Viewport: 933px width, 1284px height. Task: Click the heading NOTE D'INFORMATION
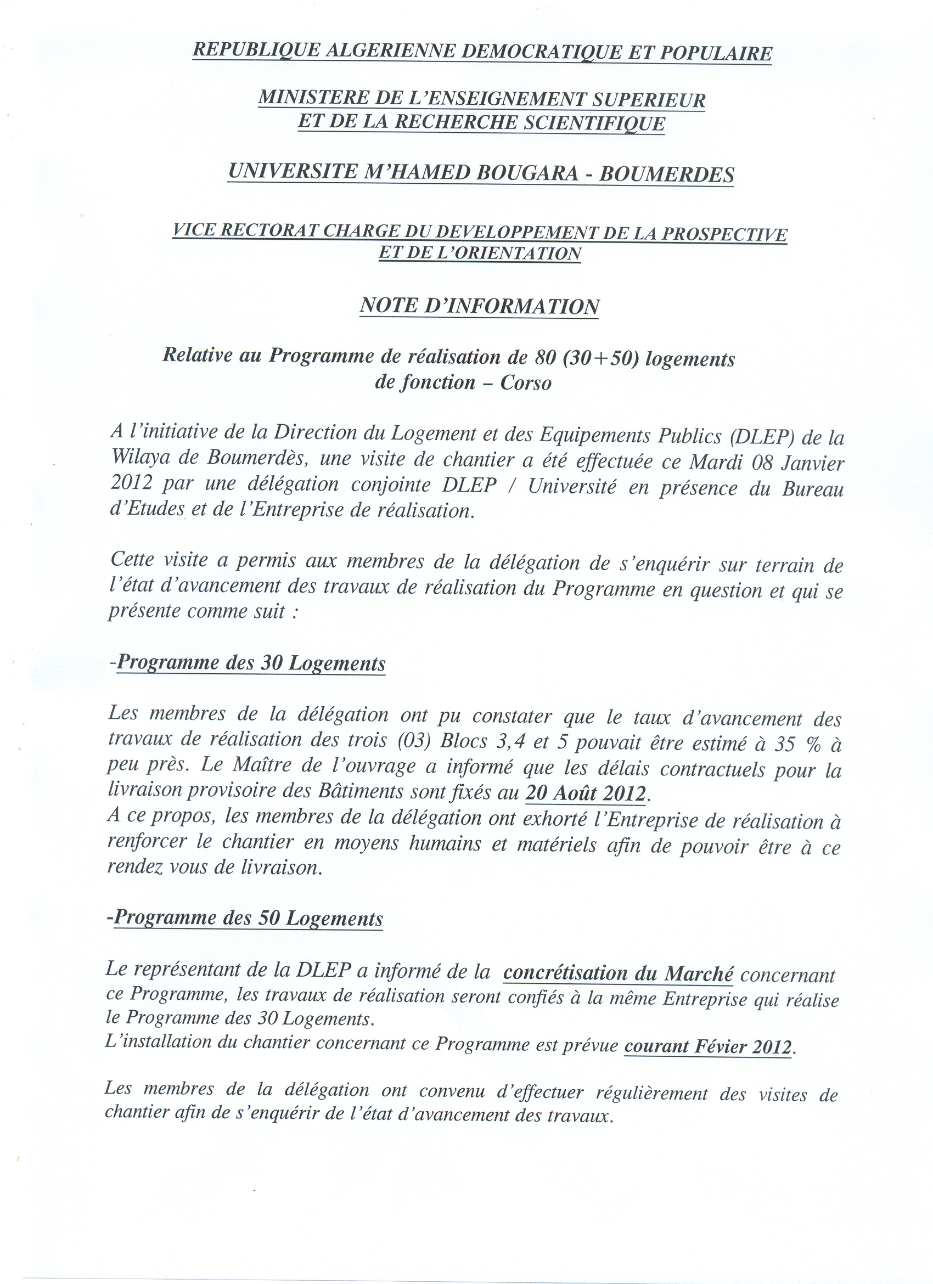[x=479, y=306]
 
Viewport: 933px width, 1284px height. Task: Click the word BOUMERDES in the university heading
[x=666, y=173]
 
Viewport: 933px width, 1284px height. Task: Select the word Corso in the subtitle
[x=525, y=383]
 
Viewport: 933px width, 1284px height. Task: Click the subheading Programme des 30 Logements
[x=251, y=663]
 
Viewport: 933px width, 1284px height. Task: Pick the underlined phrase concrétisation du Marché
[x=618, y=973]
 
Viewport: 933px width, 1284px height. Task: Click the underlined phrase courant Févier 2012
[x=708, y=1047]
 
